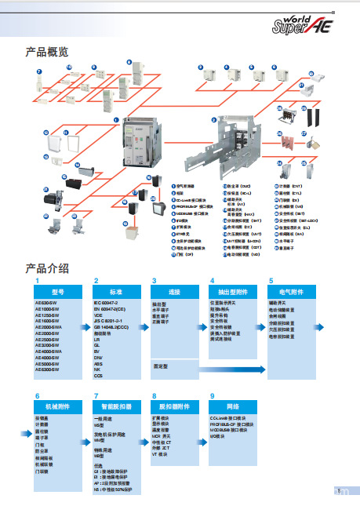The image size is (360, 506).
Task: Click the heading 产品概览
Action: (x=47, y=53)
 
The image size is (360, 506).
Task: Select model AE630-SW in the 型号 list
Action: (x=47, y=301)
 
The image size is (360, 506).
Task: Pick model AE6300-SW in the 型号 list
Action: (x=48, y=369)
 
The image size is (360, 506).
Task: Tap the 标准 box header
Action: (x=116, y=290)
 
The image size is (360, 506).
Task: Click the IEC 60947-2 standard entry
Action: (x=109, y=301)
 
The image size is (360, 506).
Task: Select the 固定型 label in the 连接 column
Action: (x=160, y=365)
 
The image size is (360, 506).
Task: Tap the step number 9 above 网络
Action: (x=213, y=396)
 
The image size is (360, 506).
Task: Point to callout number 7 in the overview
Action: (x=38, y=71)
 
